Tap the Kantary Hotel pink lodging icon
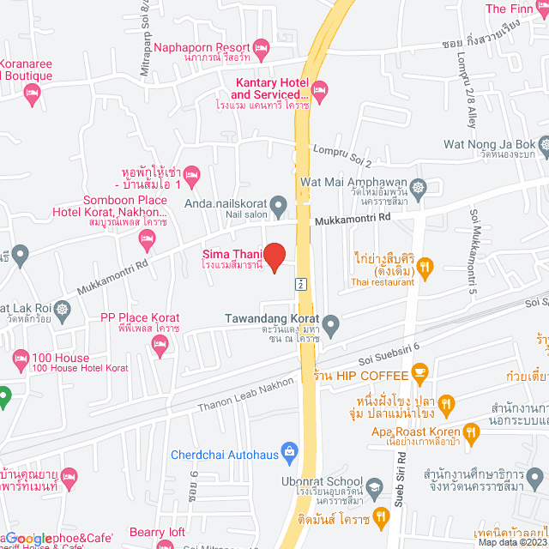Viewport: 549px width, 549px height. [319, 87]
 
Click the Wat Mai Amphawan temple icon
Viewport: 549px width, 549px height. [418, 187]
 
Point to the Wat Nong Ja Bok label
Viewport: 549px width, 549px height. [489, 143]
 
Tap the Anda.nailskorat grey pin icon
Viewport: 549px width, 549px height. [278, 205]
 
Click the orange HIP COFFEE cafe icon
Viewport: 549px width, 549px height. [419, 371]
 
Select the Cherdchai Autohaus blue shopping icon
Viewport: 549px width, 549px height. [290, 450]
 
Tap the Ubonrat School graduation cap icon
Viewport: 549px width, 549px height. [374, 486]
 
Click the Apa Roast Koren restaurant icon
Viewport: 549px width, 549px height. [470, 434]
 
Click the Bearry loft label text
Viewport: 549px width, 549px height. [157, 532]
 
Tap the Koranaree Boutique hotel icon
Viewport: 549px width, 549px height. [32, 98]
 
